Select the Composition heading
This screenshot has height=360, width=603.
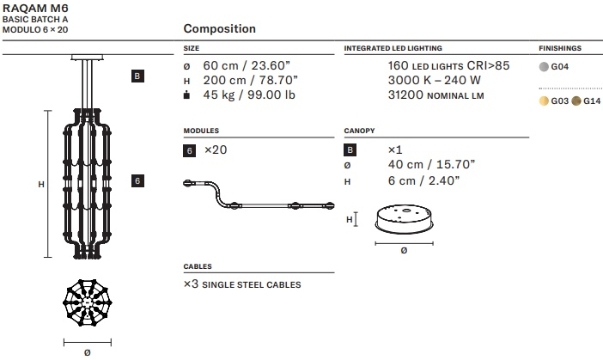(220, 29)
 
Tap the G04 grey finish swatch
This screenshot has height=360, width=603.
(544, 67)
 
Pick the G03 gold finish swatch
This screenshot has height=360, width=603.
(544, 101)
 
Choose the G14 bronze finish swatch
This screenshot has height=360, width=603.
(576, 101)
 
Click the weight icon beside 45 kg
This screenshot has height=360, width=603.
(187, 95)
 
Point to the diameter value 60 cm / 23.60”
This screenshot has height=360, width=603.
(247, 66)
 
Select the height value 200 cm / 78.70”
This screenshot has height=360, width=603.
(250, 81)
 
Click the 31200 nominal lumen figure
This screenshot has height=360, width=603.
(436, 95)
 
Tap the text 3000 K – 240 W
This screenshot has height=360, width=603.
(435, 81)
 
